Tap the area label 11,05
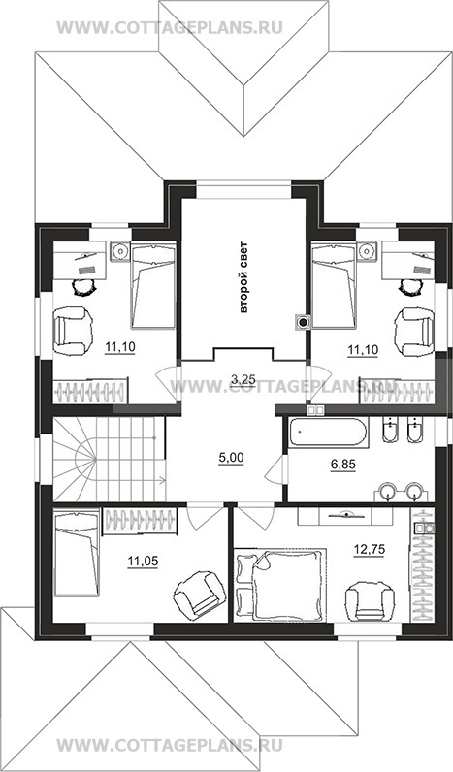click(143, 561)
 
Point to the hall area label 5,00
click(232, 458)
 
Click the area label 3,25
click(243, 378)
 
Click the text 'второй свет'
click(243, 277)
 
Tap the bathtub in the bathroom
click(328, 433)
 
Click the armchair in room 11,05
click(200, 593)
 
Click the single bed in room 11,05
click(77, 553)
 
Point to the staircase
click(109, 459)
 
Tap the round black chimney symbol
click(303, 322)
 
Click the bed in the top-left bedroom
click(153, 285)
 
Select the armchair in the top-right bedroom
click(414, 332)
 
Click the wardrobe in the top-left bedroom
click(90, 392)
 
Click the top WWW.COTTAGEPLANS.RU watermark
click(170, 27)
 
